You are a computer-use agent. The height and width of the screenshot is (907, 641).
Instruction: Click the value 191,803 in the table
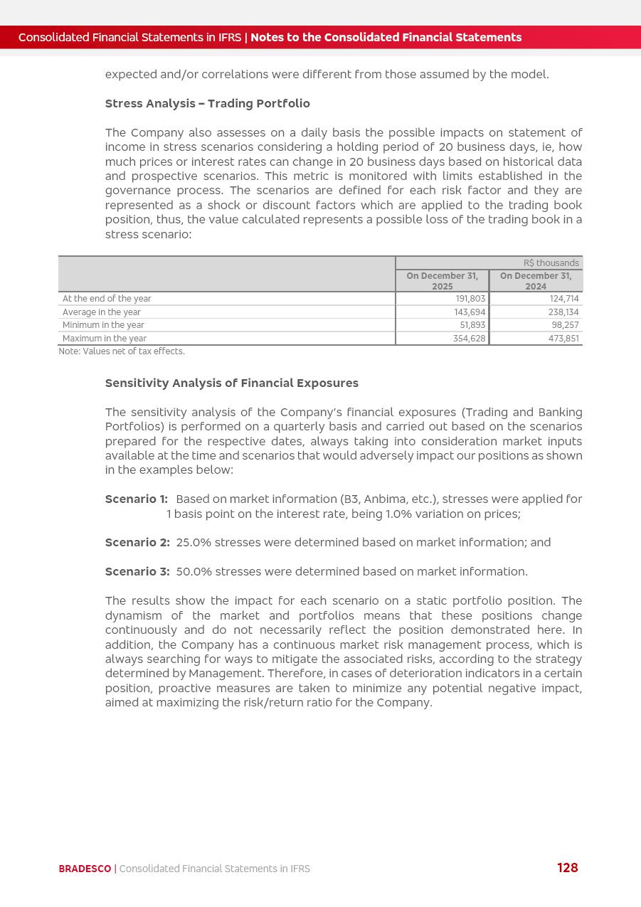coord(470,299)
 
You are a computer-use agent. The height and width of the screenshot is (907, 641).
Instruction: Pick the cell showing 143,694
coord(470,312)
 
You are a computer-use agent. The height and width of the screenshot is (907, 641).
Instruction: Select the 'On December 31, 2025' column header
coord(442,281)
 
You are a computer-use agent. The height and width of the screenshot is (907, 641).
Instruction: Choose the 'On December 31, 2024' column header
coord(536,281)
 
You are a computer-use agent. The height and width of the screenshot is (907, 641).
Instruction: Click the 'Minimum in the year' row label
coord(103,325)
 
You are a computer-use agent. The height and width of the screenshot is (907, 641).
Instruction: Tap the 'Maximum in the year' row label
coord(105,339)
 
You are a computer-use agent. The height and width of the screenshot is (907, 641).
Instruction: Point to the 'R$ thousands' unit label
coord(551,263)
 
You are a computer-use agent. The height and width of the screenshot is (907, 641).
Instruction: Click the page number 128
coord(567,868)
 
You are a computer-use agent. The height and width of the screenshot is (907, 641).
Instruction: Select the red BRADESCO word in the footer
coord(85,869)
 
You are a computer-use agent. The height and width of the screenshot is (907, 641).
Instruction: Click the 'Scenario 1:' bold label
coord(136,499)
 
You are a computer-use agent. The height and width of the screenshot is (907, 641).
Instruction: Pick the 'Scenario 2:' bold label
coord(137,543)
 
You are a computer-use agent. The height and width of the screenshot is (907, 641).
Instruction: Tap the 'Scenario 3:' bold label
coord(137,572)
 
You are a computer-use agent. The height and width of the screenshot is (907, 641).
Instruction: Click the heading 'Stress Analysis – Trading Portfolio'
coord(207,104)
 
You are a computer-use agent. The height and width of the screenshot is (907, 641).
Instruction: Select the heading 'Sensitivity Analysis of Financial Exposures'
coord(231,383)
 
